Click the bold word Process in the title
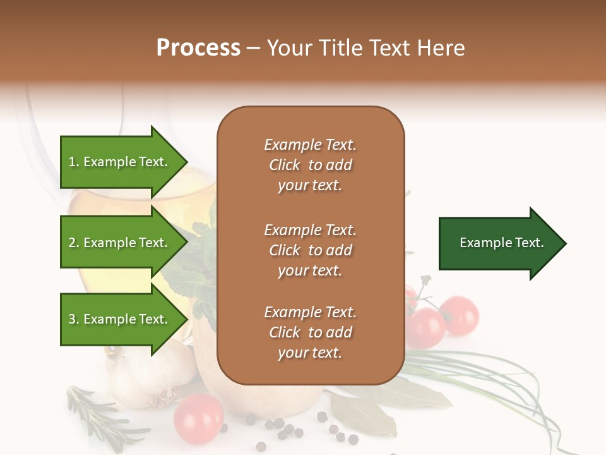(x=198, y=48)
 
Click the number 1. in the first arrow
(x=74, y=162)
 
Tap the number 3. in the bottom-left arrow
(x=74, y=319)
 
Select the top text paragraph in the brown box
(x=310, y=165)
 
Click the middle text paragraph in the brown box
(x=310, y=250)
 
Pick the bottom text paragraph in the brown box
(x=310, y=332)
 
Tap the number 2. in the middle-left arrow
(x=74, y=243)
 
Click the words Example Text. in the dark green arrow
(x=501, y=243)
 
